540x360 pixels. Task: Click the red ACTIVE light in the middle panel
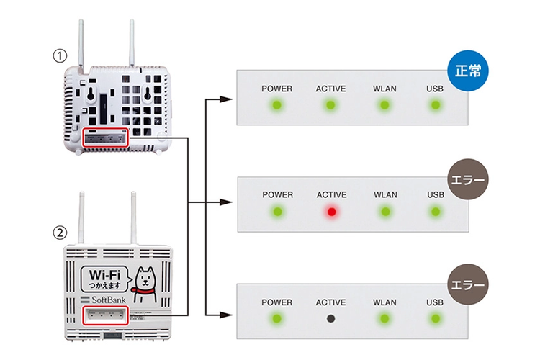coord(331,212)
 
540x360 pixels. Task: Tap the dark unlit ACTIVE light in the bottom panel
coord(331,318)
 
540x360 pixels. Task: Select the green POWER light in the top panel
coord(276,106)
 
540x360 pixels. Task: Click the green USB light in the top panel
coord(435,106)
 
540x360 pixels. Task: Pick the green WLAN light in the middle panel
coord(385,212)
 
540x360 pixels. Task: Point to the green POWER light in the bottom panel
coord(276,318)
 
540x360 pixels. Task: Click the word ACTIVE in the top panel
coord(330,89)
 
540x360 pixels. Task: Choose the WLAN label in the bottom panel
coord(385,302)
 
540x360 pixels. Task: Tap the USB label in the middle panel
coord(435,195)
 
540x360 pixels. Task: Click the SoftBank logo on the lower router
coord(104,299)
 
